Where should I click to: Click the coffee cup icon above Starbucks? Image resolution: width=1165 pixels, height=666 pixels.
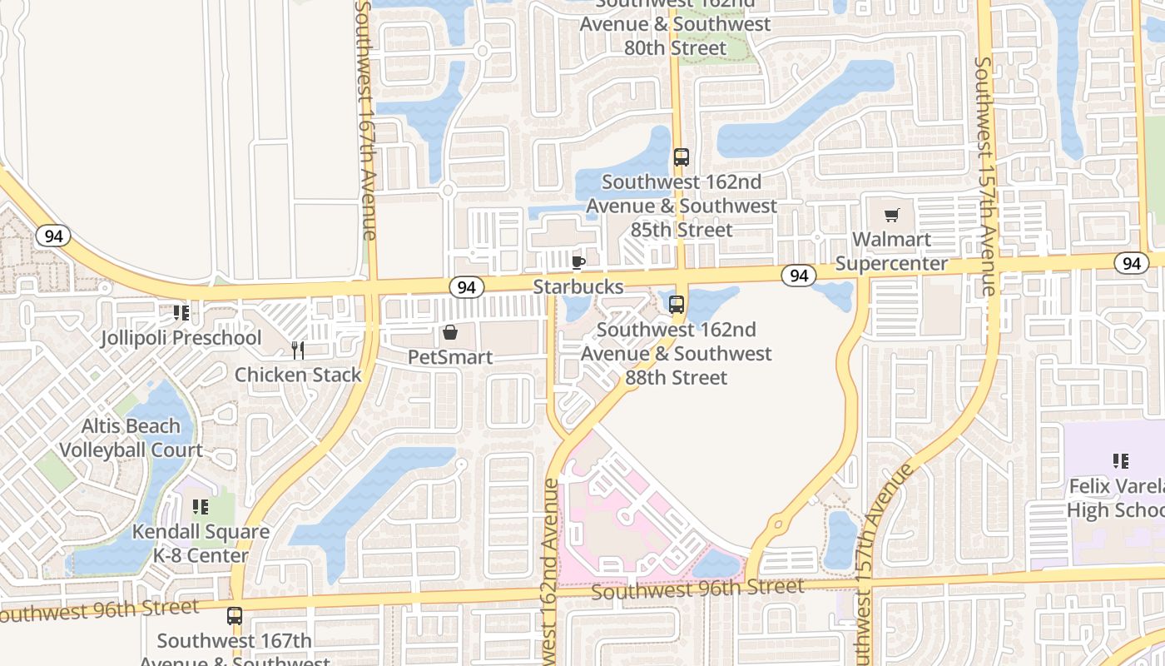pos(578,263)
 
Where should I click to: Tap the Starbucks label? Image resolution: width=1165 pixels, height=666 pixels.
pos(578,287)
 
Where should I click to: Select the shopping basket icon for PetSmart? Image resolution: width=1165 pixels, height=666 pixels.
pos(450,333)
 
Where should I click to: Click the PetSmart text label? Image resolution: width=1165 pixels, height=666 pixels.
pos(450,357)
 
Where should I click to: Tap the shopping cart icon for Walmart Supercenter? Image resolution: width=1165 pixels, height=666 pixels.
pos(892,216)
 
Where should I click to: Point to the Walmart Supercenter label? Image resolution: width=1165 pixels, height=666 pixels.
pos(891,251)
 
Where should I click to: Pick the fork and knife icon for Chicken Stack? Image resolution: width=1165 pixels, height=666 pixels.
pos(298,350)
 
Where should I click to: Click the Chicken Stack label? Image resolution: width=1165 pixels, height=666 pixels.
pos(298,375)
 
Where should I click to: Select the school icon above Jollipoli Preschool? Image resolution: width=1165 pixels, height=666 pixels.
pos(181,314)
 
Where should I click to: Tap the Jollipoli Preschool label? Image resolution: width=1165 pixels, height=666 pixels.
pos(181,338)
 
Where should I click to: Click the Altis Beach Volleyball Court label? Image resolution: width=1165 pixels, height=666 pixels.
pos(131,438)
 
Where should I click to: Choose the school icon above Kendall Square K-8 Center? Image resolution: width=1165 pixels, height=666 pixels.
pos(201,507)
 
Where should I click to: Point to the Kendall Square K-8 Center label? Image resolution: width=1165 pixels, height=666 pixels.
pos(201,543)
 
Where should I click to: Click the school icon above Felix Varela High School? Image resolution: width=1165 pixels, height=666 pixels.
pos(1121,461)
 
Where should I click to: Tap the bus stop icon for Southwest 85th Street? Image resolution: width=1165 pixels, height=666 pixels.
pos(681,157)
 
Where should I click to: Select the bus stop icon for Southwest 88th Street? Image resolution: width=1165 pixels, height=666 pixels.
pos(677,305)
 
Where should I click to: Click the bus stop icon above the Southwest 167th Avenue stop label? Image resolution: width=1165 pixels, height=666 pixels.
pos(235,616)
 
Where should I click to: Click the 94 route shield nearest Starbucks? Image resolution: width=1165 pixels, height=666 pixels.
pos(467,287)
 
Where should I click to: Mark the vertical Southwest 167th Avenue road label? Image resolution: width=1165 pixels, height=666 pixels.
pos(366,121)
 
